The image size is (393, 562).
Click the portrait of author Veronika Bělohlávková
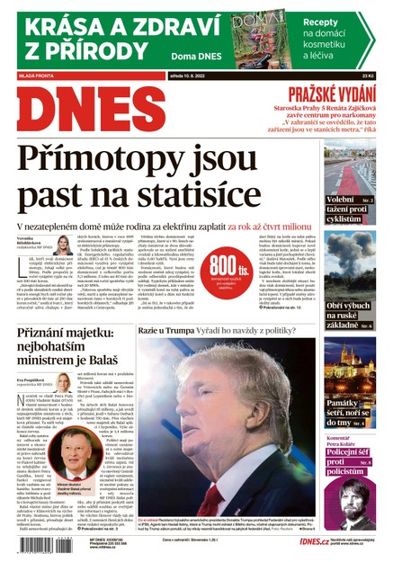(65, 245)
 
